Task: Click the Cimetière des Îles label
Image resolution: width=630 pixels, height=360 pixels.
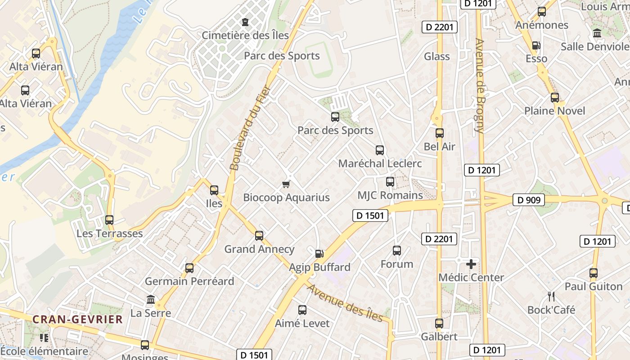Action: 245,35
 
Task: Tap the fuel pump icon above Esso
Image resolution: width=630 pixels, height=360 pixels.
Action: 536,45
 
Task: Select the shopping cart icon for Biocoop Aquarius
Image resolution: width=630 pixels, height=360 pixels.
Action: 286,184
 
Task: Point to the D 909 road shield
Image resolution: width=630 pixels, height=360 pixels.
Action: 529,200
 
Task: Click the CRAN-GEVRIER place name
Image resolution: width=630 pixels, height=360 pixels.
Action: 77,319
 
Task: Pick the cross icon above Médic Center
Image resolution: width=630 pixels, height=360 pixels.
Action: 471,264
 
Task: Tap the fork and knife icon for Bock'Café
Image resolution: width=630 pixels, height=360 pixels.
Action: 551,297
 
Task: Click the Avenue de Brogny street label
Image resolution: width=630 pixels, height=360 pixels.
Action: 480,85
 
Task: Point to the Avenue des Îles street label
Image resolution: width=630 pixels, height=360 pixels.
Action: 345,303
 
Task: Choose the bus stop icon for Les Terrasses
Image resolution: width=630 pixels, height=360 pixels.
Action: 109,220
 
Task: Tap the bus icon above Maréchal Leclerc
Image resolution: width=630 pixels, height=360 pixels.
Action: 380,150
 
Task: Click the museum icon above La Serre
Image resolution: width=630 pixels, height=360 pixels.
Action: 151,300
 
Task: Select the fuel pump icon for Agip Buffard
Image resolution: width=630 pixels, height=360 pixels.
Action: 319,254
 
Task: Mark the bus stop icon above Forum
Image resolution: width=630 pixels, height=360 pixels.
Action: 397,251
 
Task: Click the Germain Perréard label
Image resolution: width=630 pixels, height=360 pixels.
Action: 189,281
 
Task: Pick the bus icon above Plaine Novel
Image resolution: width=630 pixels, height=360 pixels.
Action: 555,98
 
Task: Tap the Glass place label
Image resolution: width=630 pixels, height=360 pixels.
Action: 437,56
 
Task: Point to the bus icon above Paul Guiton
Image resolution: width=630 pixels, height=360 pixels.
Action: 594,273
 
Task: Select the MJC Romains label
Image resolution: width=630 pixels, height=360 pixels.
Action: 390,195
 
